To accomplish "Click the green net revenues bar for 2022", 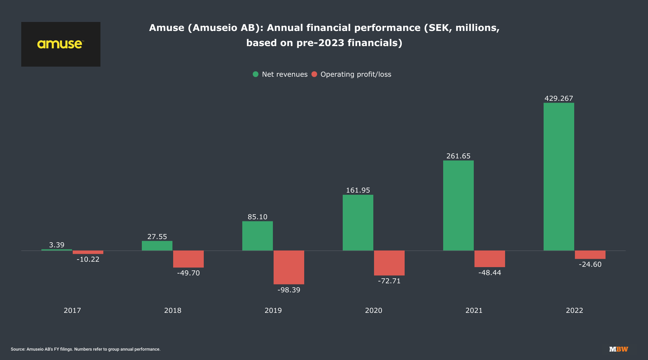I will (x=559, y=176).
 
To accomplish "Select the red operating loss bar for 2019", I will (x=289, y=267).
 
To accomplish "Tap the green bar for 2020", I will (x=358, y=222).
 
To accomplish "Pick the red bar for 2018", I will (x=188, y=259).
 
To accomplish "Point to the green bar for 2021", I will (x=458, y=205).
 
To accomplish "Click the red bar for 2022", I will (x=590, y=255).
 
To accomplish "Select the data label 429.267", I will (x=559, y=98).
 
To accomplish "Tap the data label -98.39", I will (x=289, y=290).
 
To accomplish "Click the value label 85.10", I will (x=257, y=217).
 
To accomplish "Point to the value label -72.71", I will (x=389, y=281).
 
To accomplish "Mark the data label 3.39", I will (x=57, y=245).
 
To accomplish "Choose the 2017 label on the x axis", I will (x=72, y=310).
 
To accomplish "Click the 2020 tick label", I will (x=374, y=310).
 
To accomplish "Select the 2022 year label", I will (x=575, y=310).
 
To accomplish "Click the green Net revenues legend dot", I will (x=256, y=74).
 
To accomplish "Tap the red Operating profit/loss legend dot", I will (x=314, y=74).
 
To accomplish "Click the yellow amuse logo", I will (x=60, y=44).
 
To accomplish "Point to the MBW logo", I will (x=618, y=349).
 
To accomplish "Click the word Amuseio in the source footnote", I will (x=35, y=349).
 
